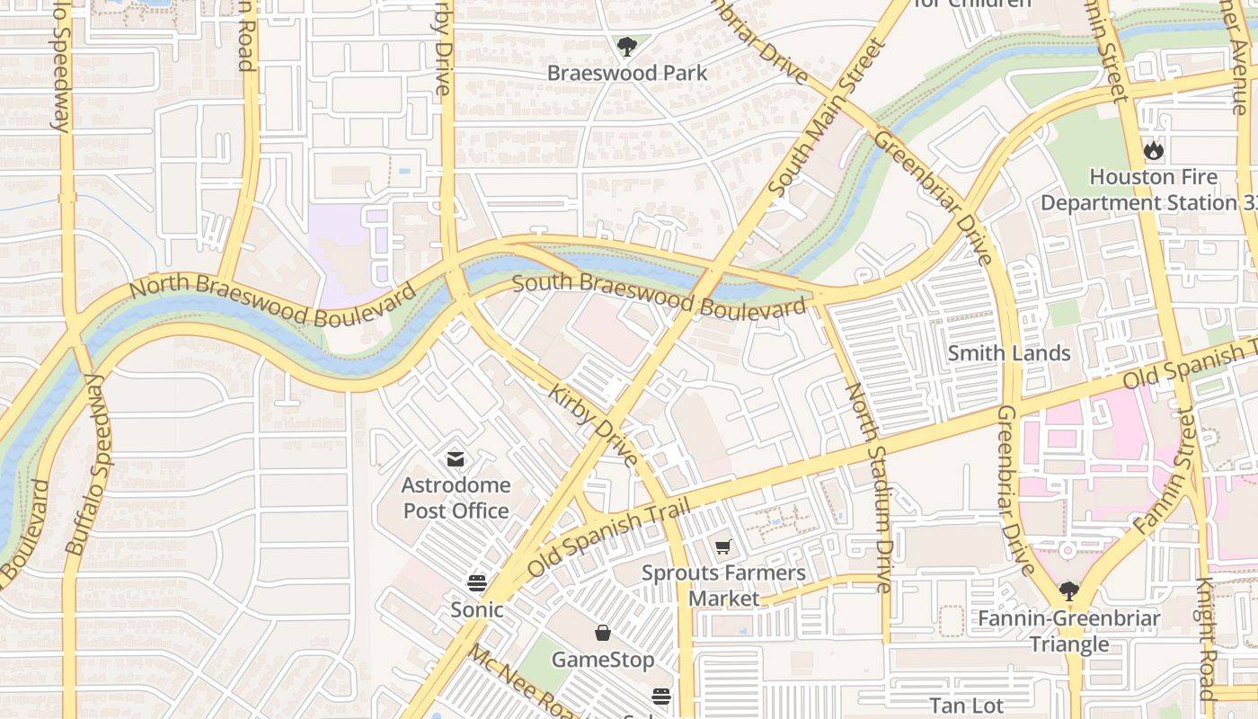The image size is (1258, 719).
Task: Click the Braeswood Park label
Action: pos(627,73)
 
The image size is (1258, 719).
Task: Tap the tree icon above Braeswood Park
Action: pos(627,46)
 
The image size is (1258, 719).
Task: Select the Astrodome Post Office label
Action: pos(456,498)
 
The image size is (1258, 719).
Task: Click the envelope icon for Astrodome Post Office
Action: pos(456,459)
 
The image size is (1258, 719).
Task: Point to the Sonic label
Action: pos(477,609)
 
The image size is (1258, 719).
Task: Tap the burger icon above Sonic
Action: pos(477,582)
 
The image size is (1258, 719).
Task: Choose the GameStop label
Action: pos(603,660)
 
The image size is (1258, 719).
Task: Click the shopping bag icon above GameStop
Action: pos(603,633)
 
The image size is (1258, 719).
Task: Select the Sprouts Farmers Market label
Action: pos(723,585)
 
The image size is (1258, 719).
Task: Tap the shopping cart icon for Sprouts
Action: pos(723,546)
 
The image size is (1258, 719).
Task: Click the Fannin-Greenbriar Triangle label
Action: pos(1068,631)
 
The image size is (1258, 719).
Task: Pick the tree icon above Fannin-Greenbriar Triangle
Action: pos(1068,590)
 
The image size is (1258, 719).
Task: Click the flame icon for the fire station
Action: pos(1154,150)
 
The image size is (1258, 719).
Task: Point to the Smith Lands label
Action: pos(1009,353)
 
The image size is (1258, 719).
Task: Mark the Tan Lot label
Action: pos(967,706)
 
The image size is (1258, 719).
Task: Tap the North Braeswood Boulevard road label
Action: pos(272,302)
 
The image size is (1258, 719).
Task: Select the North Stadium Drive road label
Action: pos(869,487)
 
